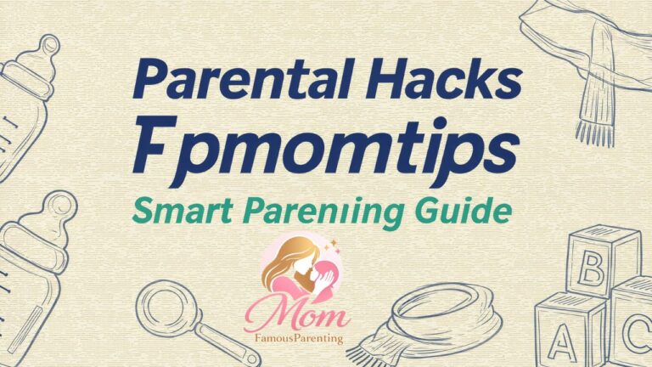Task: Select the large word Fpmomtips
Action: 326,148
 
